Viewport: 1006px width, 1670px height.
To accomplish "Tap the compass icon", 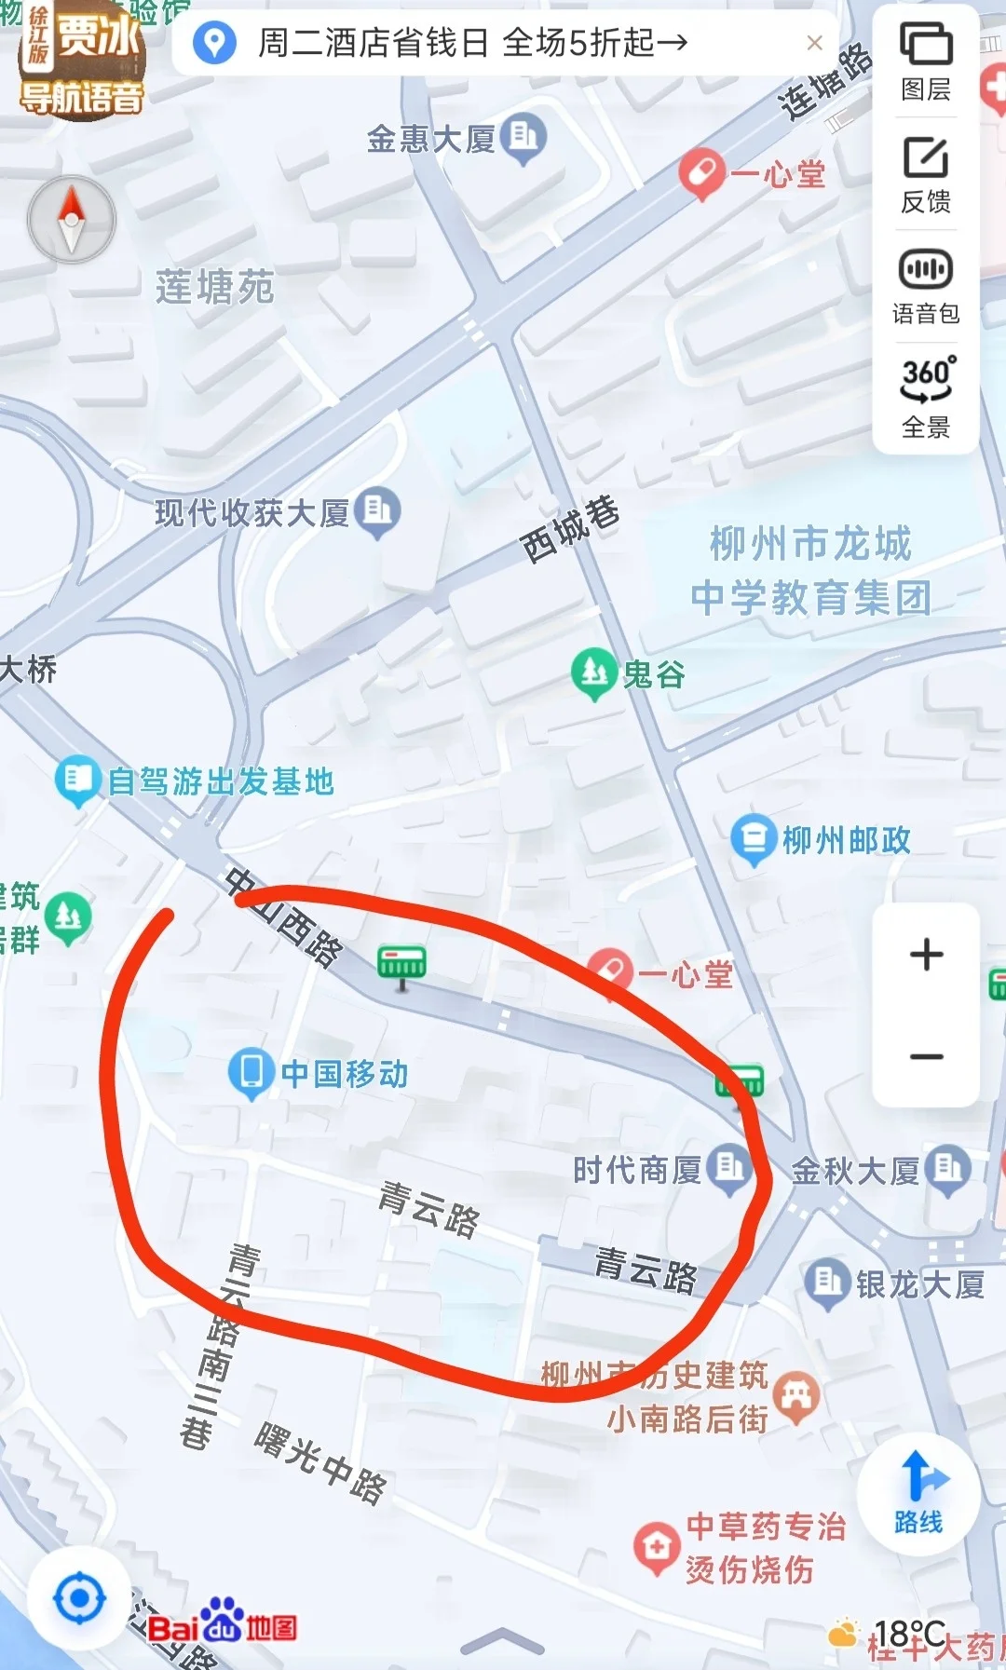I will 72,220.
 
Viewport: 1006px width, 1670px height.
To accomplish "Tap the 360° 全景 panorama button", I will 926,397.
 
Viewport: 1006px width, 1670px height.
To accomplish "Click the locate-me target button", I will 79,1598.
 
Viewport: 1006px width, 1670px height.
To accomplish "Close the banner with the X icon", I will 814,43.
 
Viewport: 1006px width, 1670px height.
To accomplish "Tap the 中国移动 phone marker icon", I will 251,1072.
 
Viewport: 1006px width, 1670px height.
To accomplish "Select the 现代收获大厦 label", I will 251,511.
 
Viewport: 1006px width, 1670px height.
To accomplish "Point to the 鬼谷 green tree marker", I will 593,672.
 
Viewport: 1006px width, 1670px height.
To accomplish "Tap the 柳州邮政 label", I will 846,840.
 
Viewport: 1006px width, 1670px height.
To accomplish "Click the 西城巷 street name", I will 570,529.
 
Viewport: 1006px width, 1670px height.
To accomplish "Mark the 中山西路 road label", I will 285,917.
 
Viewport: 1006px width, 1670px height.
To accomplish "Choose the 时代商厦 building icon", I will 729,1168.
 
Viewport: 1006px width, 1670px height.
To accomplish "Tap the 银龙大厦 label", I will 919,1285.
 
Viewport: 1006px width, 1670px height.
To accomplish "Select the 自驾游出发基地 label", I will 221,781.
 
